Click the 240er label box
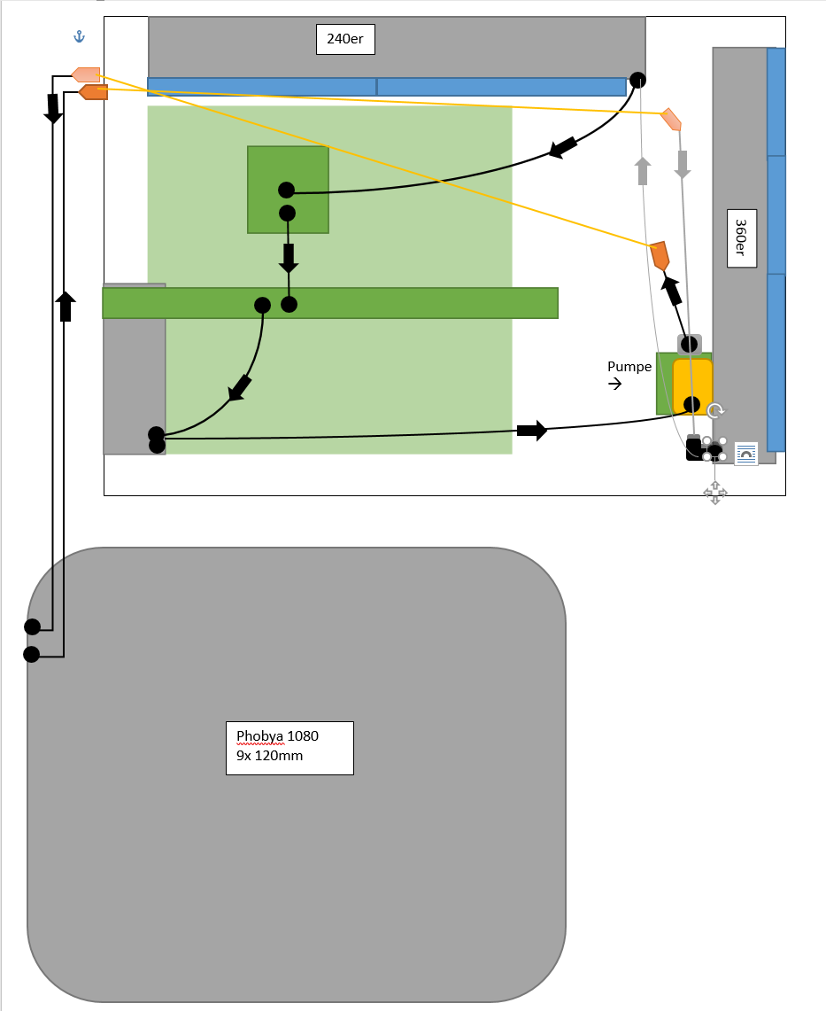[x=345, y=39]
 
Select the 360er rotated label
[x=740, y=237]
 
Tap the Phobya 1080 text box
[x=289, y=748]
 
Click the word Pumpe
[x=629, y=367]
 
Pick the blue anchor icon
[x=79, y=36]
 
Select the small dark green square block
[x=288, y=190]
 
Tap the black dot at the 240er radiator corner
[x=637, y=80]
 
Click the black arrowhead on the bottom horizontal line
[x=532, y=431]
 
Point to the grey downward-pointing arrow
[x=683, y=164]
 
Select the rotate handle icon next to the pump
[x=716, y=410]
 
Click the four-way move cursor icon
[x=715, y=494]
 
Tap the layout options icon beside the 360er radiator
[x=746, y=454]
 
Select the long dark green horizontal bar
[x=398, y=303]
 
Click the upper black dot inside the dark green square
[x=286, y=190]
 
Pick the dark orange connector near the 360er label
[x=660, y=255]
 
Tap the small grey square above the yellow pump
[x=690, y=343]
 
